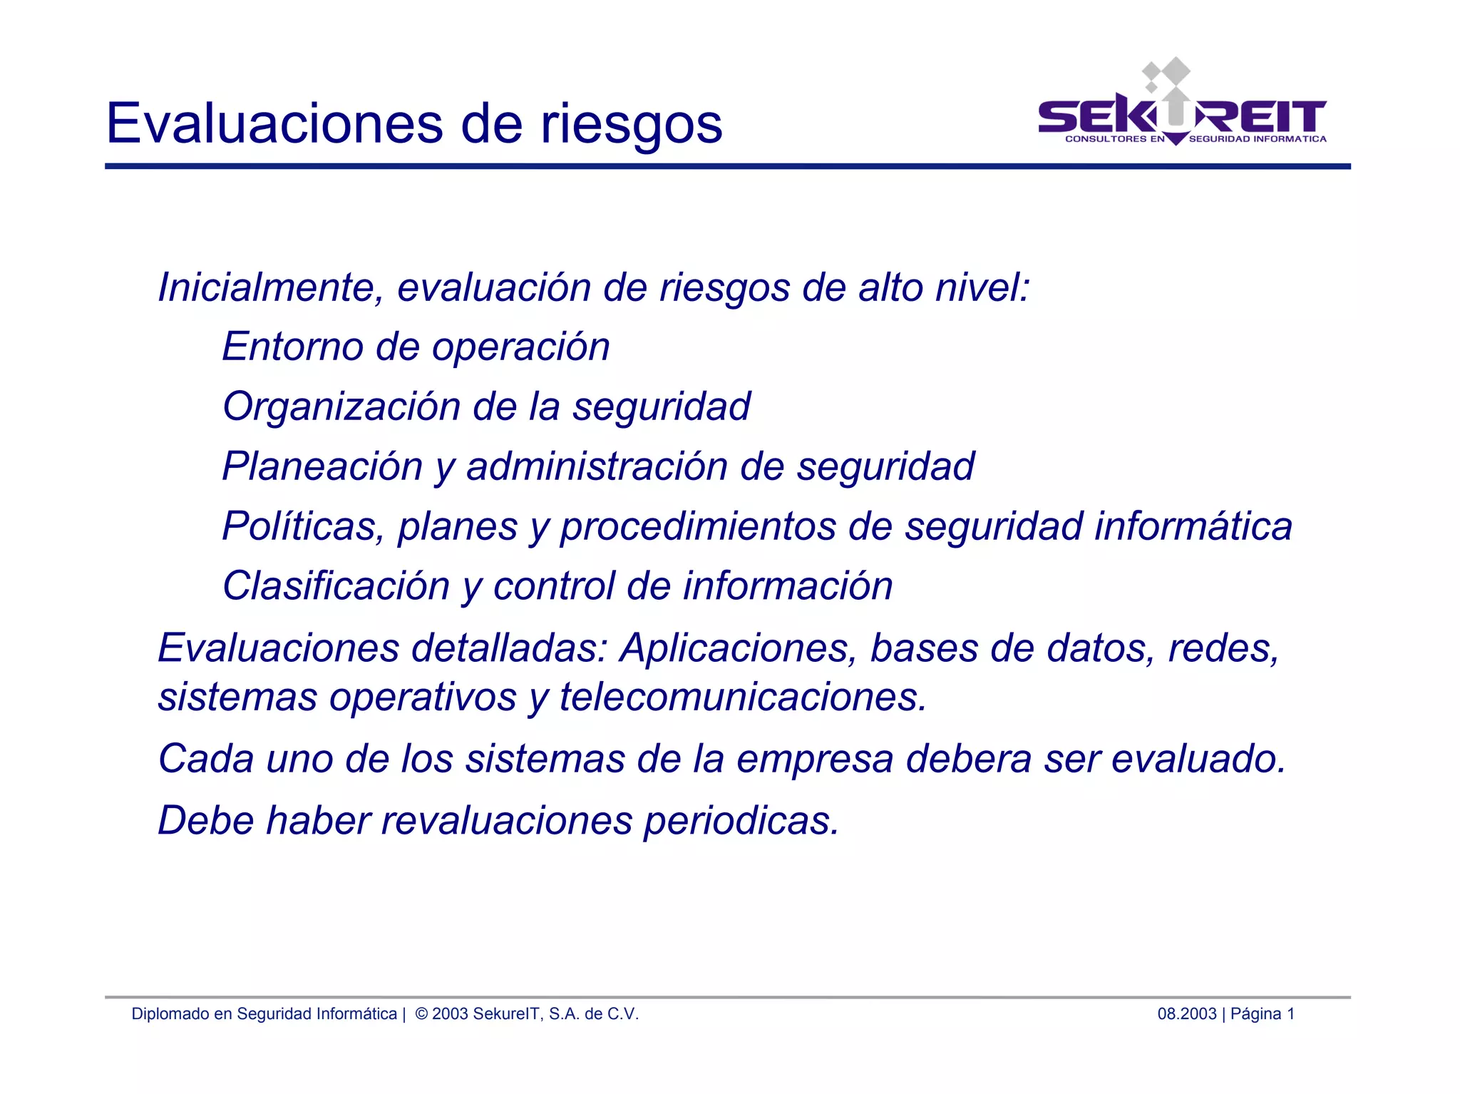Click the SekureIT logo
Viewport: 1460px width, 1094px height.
1182,107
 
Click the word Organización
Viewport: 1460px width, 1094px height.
341,407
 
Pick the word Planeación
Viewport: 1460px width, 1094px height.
323,466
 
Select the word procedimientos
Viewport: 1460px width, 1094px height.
698,526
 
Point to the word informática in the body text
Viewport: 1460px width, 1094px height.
1193,526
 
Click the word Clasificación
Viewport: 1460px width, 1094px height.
336,586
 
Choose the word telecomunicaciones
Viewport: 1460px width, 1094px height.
743,697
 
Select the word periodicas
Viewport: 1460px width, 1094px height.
741,820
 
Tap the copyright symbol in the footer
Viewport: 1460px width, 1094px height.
421,1013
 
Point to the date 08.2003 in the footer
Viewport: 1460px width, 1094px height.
1186,1013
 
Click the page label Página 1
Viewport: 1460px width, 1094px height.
1263,1013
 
